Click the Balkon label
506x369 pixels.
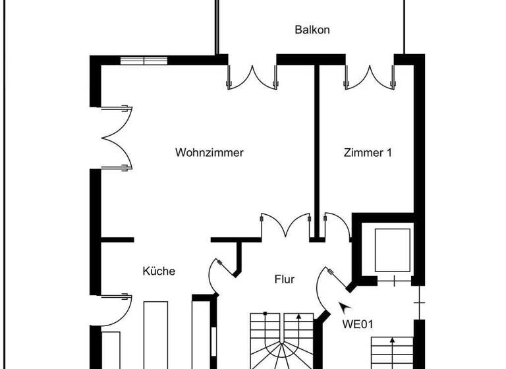pyautogui.click(x=312, y=30)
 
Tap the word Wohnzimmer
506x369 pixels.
pyautogui.click(x=210, y=152)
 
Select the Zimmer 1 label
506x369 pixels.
pyautogui.click(x=368, y=152)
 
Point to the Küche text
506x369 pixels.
pyautogui.click(x=159, y=271)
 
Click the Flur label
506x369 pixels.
pyautogui.click(x=285, y=279)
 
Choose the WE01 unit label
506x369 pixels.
pyautogui.click(x=358, y=324)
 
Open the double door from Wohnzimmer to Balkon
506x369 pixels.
pyautogui.click(x=252, y=77)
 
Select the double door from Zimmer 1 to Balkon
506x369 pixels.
pyautogui.click(x=370, y=77)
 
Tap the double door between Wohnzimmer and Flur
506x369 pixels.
pyautogui.click(x=285, y=226)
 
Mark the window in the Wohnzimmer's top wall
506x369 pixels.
pyautogui.click(x=144, y=61)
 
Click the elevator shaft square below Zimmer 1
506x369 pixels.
pyautogui.click(x=392, y=250)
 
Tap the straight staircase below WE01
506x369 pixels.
pyautogui.click(x=392, y=353)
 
